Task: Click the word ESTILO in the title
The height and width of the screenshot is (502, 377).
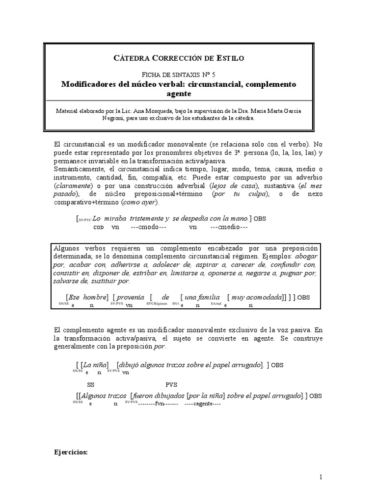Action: [x=227, y=58]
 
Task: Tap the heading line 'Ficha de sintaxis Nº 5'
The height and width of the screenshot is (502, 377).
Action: [x=178, y=74]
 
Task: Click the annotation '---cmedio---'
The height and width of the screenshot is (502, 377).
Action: [x=228, y=227]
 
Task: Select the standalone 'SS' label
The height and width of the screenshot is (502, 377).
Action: [x=91, y=385]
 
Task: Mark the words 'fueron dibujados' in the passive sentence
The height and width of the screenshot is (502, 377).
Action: [x=159, y=396]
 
